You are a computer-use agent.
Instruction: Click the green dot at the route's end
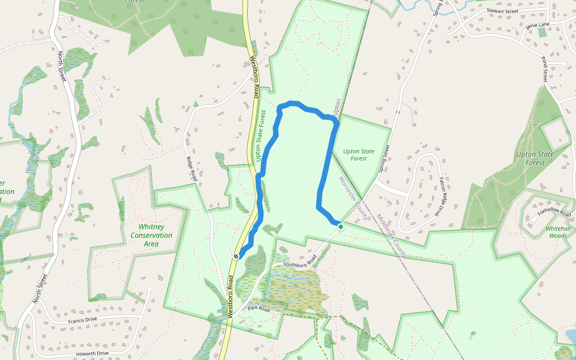click(340, 227)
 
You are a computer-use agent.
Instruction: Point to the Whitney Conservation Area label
click(151, 231)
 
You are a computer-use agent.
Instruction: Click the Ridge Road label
click(192, 169)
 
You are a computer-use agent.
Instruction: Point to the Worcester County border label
click(353, 198)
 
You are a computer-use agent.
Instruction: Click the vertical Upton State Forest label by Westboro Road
click(260, 136)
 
